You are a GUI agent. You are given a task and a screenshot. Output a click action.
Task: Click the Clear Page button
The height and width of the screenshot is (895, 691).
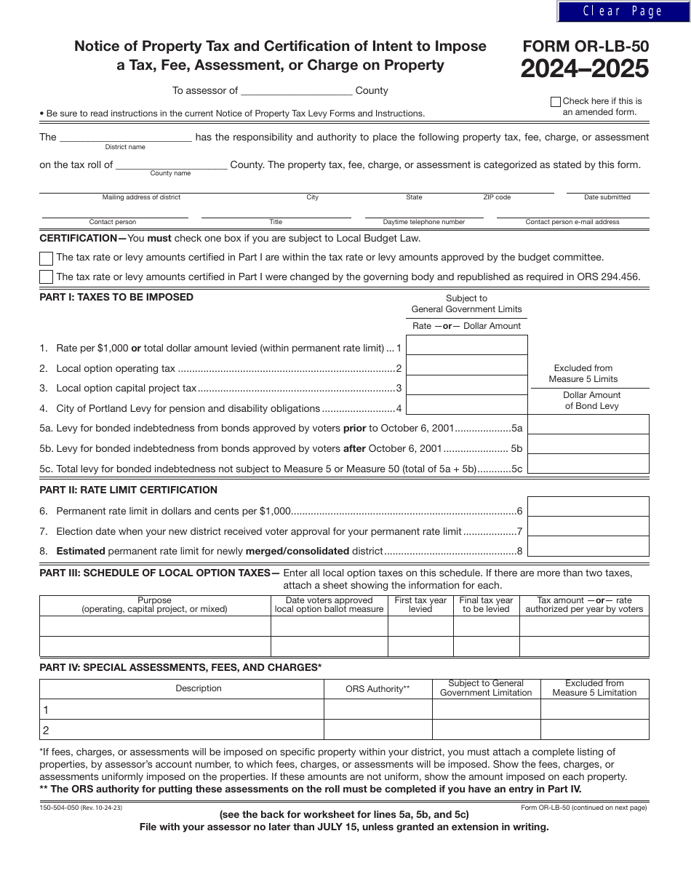(623, 11)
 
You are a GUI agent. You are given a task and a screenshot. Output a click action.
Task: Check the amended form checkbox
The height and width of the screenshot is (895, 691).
(556, 102)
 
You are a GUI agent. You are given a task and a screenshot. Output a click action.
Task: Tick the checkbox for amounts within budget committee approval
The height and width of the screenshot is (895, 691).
(46, 258)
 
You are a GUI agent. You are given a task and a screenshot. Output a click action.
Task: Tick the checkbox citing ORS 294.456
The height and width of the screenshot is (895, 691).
(46, 277)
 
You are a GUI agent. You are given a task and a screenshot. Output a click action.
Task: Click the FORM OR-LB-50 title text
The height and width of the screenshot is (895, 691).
(586, 47)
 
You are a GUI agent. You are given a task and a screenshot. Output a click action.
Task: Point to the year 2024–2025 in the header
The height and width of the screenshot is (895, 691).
(584, 69)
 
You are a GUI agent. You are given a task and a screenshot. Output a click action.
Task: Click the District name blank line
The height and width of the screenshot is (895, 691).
(125, 138)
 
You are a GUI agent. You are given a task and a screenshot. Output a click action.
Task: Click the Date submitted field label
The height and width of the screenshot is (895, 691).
(607, 197)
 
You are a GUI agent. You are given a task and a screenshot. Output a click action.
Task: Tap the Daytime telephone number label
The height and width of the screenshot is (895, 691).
(424, 222)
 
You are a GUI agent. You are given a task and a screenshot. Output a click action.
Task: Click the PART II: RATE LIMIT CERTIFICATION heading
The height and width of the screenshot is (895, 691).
(128, 490)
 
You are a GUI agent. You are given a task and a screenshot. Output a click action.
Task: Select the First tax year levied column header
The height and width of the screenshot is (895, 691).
(420, 605)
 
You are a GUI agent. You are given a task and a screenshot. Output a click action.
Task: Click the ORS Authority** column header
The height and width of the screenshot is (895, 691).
(378, 689)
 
